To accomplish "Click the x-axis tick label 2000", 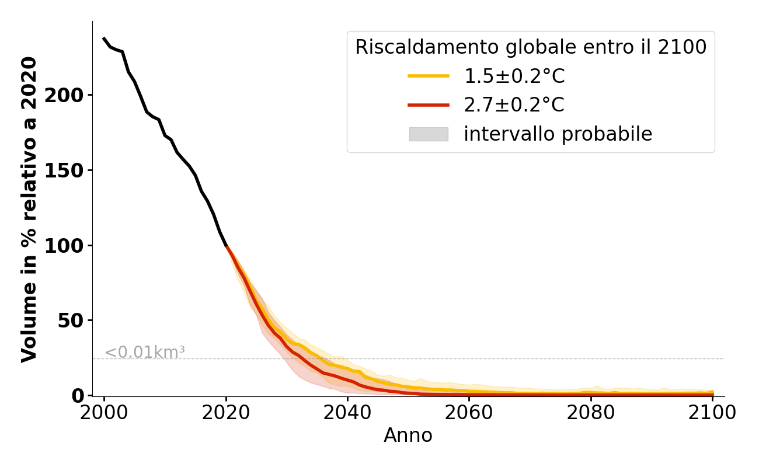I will [x=104, y=413].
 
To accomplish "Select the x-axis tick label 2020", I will [x=226, y=413].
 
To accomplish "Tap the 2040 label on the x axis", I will [x=347, y=413].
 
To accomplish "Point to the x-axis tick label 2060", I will [x=469, y=413].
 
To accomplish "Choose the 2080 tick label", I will [x=591, y=413].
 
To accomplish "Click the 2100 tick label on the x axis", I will [x=712, y=413].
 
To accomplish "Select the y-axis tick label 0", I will [x=78, y=396].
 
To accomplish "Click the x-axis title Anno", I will [x=408, y=435].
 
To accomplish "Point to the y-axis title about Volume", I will [x=29, y=209].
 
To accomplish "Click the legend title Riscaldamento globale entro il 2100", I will [x=531, y=47].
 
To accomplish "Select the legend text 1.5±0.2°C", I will [x=514, y=76].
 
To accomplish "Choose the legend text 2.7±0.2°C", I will [x=514, y=105].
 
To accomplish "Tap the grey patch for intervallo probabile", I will [x=429, y=134].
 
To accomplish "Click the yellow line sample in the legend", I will [x=429, y=76].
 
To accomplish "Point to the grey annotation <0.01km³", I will [x=144, y=353].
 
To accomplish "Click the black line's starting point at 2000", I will [x=104, y=39].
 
